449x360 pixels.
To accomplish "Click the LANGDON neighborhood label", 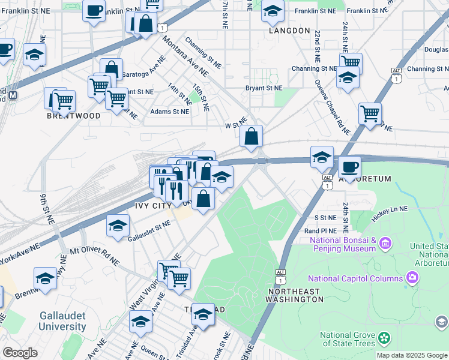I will [289, 30].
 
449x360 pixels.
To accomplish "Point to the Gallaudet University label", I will [63, 321].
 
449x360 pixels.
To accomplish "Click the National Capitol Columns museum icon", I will [412, 278].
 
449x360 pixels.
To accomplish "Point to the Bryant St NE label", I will [264, 88].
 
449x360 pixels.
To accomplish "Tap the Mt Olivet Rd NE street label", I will [94, 256].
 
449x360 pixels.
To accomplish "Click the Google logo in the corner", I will [20, 352].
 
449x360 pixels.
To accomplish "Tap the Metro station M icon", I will [12, 95].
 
